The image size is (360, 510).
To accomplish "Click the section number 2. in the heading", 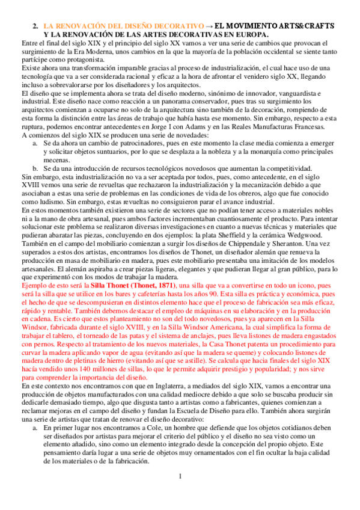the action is point(35,26).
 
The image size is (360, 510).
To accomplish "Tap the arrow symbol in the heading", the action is point(209,26).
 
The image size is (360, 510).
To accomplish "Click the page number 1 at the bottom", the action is point(180,494).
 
